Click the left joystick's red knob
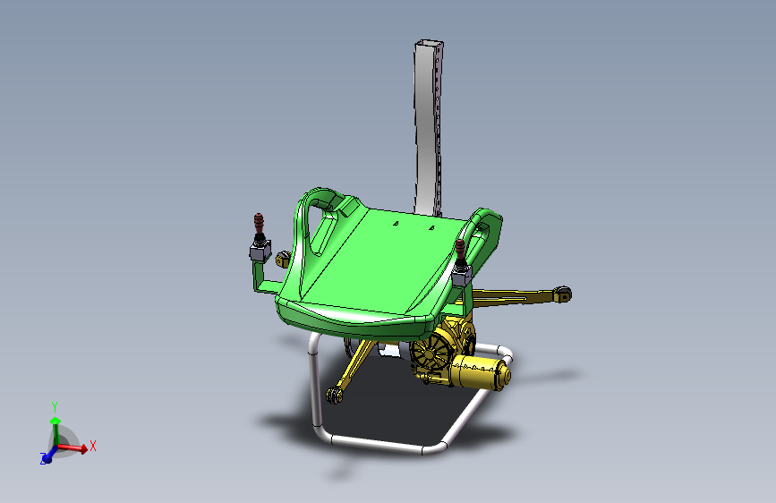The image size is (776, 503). pyautogui.click(x=259, y=221)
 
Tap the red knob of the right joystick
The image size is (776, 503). pyautogui.click(x=460, y=247)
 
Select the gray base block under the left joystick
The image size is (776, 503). pyautogui.click(x=260, y=251)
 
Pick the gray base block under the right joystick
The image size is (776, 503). pyautogui.click(x=462, y=277)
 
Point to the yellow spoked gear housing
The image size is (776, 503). pyautogui.click(x=432, y=353)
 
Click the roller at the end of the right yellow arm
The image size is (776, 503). pyautogui.click(x=562, y=294)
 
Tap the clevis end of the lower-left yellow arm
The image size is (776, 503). pyautogui.click(x=335, y=395)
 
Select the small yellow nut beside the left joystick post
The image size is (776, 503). pyautogui.click(x=283, y=259)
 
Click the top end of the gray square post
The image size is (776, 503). pyautogui.click(x=429, y=44)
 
